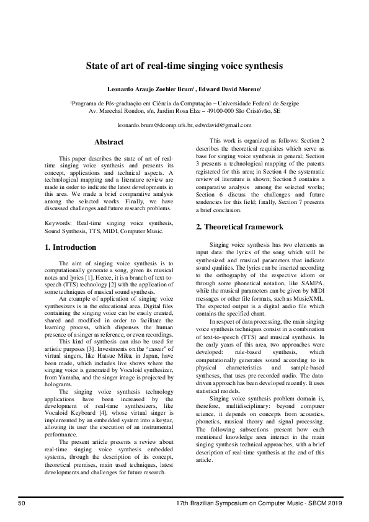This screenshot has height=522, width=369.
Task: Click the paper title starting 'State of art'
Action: tap(184, 64)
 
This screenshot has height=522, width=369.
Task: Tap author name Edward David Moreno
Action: tap(229, 89)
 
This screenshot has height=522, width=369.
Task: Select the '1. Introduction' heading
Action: tap(71, 247)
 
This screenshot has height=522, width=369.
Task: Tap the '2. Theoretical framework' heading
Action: tap(240, 227)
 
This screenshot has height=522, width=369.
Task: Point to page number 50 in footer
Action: tap(22, 502)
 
